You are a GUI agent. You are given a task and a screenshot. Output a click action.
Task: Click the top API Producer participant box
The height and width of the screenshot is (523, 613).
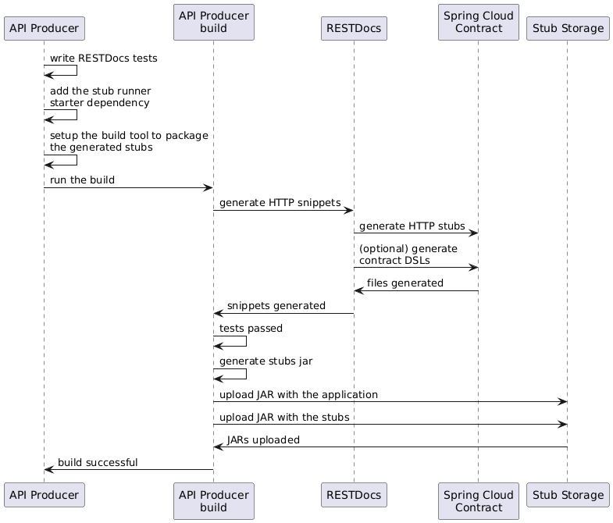(44, 29)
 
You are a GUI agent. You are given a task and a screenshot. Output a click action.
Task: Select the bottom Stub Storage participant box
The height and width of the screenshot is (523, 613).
(567, 495)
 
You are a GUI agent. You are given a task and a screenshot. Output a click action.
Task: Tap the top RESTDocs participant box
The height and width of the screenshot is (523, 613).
(354, 29)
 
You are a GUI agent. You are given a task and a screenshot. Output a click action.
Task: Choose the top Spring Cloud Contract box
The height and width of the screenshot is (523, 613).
(478, 23)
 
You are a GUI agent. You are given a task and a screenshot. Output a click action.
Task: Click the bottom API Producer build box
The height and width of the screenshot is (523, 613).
(213, 501)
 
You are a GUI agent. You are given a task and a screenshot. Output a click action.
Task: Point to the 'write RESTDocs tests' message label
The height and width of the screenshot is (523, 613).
(100, 59)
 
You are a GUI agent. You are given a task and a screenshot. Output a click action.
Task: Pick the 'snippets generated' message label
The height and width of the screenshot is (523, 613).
(276, 306)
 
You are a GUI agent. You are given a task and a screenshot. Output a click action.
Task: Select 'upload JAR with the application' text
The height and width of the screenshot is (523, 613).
(298, 395)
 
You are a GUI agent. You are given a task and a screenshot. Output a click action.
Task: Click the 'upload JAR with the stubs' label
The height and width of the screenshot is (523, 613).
(284, 418)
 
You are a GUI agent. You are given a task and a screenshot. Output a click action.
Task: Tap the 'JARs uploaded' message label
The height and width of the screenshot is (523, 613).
(263, 439)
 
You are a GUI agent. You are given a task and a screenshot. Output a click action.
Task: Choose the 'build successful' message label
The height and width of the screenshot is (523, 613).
(98, 463)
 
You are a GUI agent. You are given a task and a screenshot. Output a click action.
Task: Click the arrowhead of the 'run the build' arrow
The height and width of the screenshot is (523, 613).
(208, 187)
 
